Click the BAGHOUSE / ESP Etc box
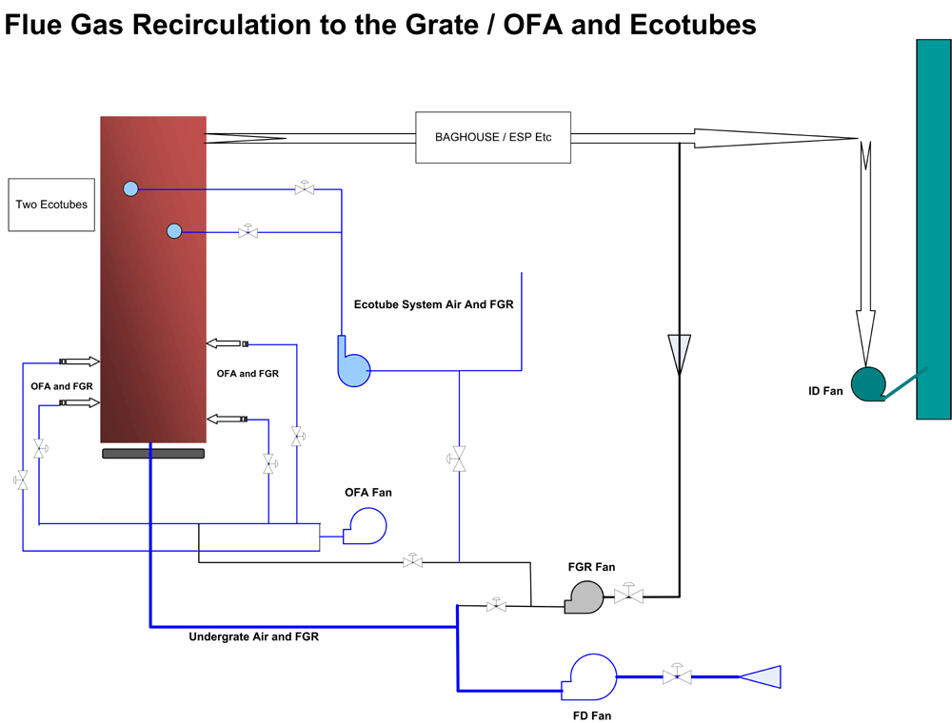(493, 137)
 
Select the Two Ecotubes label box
(51, 205)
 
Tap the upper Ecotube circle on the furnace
(130, 188)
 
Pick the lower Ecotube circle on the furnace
(174, 231)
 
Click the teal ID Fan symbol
(868, 384)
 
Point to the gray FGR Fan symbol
(585, 597)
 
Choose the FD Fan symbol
(590, 676)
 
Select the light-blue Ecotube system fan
(354, 364)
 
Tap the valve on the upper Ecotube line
(305, 188)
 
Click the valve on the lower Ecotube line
(248, 231)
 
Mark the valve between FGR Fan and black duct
(628, 595)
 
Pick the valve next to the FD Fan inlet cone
(677, 674)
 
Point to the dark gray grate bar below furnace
(153, 454)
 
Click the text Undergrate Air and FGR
(254, 636)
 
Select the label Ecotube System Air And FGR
(433, 304)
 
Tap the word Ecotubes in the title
(693, 26)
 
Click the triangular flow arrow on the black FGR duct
(680, 354)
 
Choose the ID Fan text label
(825, 391)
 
